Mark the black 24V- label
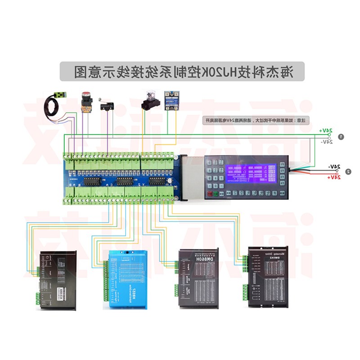pos(334,166)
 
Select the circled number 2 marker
pos(348,171)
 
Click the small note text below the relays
pos(254,121)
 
